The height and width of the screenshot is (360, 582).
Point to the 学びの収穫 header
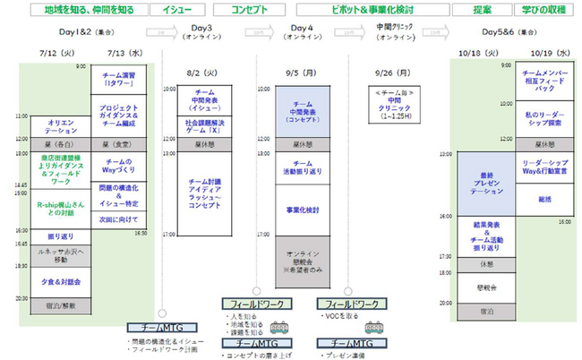(x=542, y=9)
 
